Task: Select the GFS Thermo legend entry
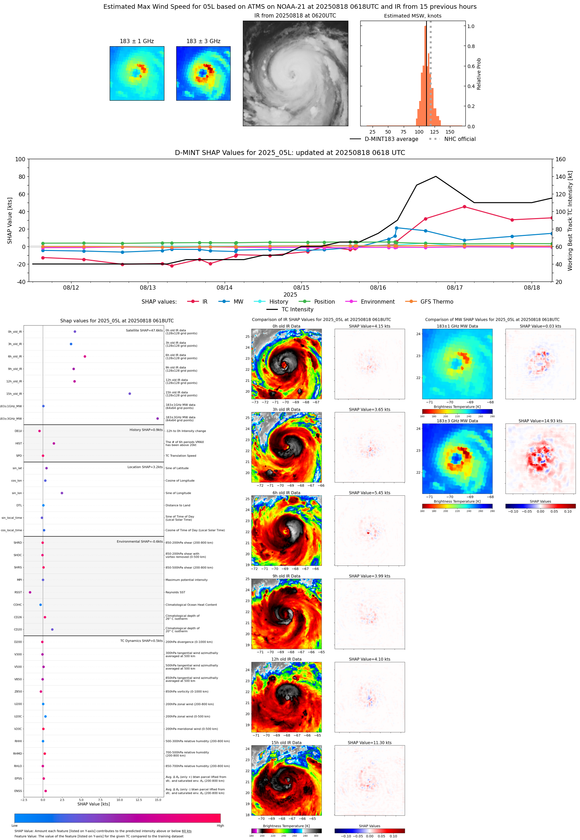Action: tap(436, 302)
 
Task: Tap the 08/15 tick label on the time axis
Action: tap(301, 287)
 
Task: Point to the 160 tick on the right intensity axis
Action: tap(560, 159)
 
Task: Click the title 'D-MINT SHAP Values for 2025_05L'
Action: tap(289, 153)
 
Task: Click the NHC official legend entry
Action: tap(460, 139)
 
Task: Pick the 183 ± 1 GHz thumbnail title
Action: tap(137, 41)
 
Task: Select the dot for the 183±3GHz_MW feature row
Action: tap(157, 418)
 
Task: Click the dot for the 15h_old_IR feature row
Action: tap(130, 394)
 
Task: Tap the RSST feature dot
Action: tap(30, 592)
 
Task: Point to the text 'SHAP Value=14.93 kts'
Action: tap(540, 421)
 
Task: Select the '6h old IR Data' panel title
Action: tap(286, 493)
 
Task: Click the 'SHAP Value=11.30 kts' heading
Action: tap(369, 743)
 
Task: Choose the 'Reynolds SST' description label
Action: tap(175, 592)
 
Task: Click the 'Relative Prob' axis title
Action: tap(479, 74)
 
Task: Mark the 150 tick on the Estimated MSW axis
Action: tap(450, 132)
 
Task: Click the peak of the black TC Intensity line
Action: tap(436, 176)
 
